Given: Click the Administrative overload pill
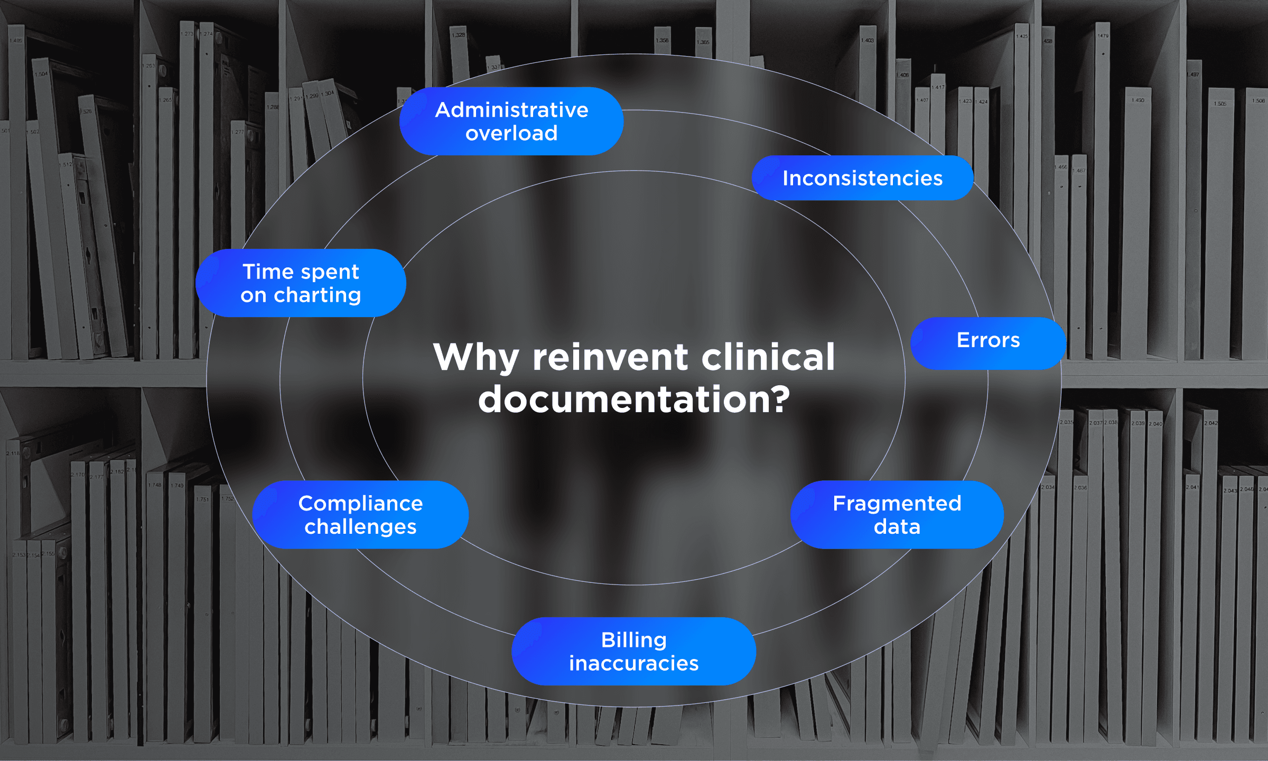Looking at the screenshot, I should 511,122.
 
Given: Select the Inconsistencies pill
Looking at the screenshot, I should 862,178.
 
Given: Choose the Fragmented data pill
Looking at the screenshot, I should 897,515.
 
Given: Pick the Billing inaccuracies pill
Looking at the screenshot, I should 633,651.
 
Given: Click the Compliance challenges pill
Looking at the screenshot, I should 360,515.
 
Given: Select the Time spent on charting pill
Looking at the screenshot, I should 301,283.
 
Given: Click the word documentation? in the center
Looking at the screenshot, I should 634,400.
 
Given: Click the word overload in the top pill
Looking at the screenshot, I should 511,133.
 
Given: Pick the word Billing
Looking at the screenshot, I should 633,641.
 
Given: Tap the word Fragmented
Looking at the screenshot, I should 897,503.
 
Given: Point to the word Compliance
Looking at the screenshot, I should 360,503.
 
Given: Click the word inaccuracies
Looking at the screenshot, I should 633,663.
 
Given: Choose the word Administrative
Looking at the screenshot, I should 511,110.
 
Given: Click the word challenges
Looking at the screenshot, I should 360,527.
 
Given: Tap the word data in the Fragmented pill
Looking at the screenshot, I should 897,527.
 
